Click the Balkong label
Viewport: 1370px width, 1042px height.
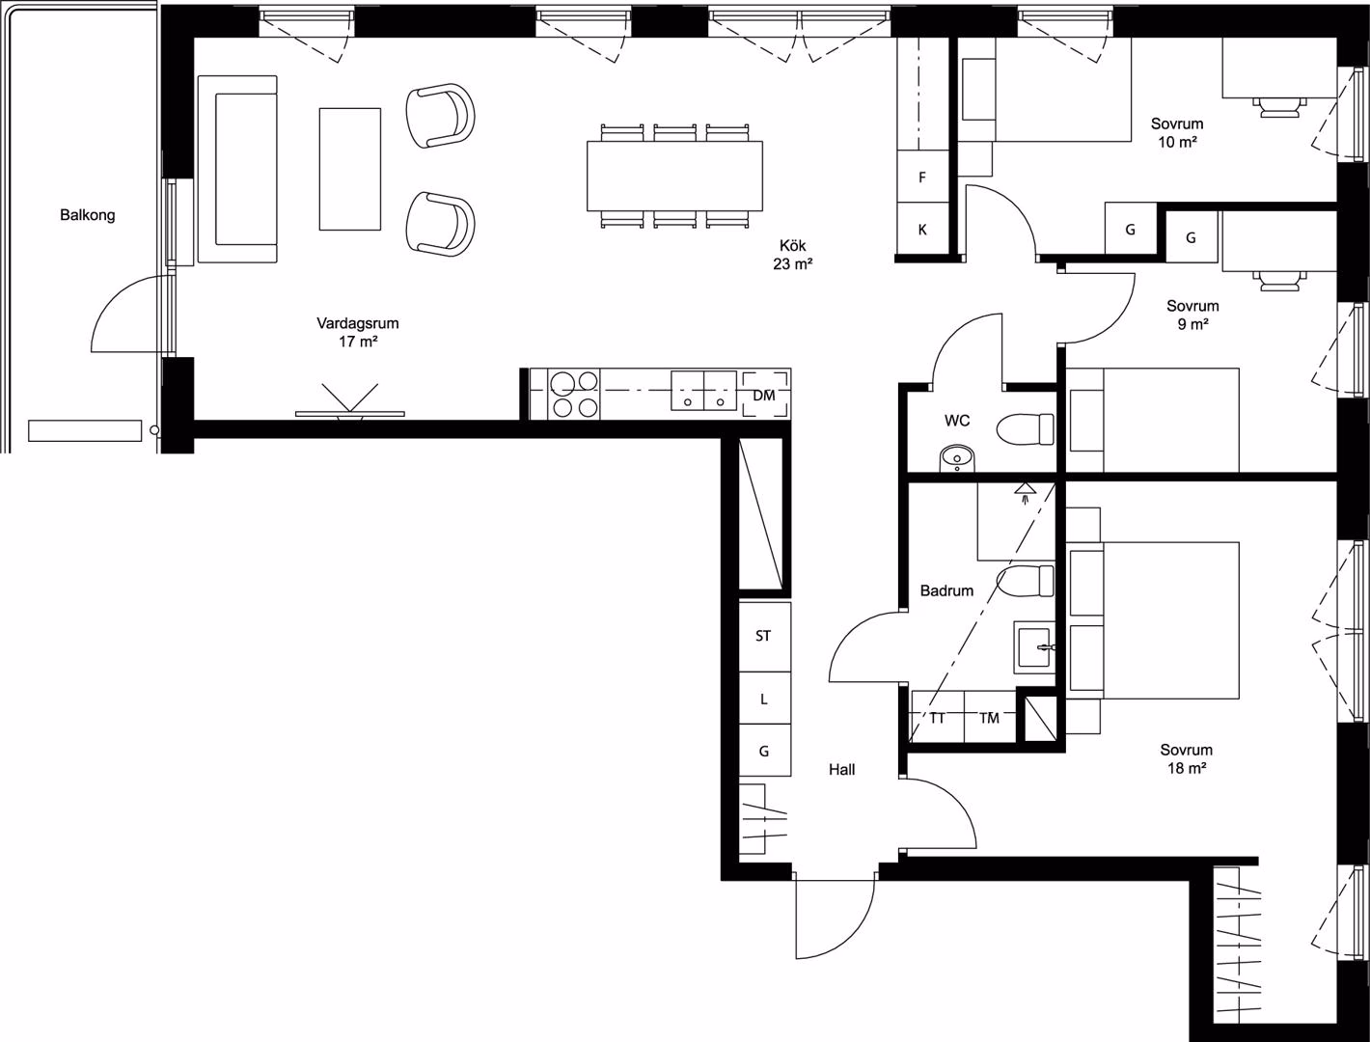(x=88, y=215)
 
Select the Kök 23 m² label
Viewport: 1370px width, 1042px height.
(x=793, y=255)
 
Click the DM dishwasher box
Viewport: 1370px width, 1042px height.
(x=764, y=395)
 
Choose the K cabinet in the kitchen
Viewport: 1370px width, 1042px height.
(x=922, y=229)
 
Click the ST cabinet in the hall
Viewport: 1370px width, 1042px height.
(x=764, y=637)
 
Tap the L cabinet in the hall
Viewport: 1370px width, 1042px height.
(x=764, y=699)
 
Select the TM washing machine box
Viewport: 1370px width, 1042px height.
(x=990, y=717)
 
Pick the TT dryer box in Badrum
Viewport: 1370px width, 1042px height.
(x=938, y=717)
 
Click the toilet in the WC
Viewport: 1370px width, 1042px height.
(x=1026, y=430)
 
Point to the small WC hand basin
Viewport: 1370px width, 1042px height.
(x=957, y=458)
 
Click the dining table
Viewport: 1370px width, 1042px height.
(x=674, y=176)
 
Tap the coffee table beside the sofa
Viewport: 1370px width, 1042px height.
(x=350, y=169)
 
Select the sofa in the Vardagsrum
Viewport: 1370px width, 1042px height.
(x=237, y=169)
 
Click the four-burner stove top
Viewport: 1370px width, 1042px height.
(x=574, y=394)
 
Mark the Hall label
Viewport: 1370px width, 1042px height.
(x=842, y=770)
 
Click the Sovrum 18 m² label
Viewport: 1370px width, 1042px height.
(x=1187, y=758)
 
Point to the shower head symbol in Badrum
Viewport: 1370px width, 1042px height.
(x=1025, y=492)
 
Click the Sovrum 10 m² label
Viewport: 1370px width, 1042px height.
(x=1177, y=133)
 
